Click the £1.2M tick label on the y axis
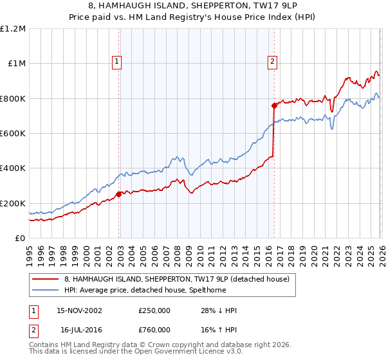click(x=13, y=29)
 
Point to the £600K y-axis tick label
click(x=13, y=134)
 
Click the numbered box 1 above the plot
click(x=117, y=62)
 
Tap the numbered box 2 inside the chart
click(x=272, y=62)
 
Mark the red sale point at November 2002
click(x=119, y=194)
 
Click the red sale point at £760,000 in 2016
click(x=274, y=105)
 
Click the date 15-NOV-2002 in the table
click(x=79, y=310)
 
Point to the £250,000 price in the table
click(x=154, y=310)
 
